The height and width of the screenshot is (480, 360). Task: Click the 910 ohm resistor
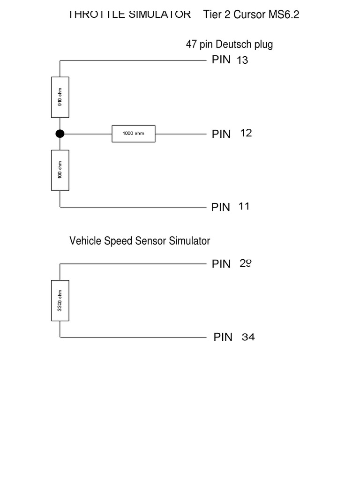point(60,97)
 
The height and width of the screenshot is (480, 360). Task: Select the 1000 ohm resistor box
point(134,134)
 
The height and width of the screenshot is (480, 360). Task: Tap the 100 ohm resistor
point(60,170)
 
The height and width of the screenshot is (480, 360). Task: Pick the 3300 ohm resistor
point(60,300)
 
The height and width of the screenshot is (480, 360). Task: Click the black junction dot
point(60,134)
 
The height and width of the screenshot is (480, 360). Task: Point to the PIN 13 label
point(230,60)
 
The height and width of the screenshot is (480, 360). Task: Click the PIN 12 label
point(232,134)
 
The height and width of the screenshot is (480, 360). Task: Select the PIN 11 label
point(230,207)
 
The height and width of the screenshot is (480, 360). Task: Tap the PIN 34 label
point(234,337)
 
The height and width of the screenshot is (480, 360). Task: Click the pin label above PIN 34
point(232,264)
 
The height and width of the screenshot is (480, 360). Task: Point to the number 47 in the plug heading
point(191,45)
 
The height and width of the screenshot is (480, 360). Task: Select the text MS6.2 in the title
point(284,15)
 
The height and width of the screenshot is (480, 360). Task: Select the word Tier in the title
point(212,15)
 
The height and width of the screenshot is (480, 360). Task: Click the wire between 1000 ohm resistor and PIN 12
point(180,134)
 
